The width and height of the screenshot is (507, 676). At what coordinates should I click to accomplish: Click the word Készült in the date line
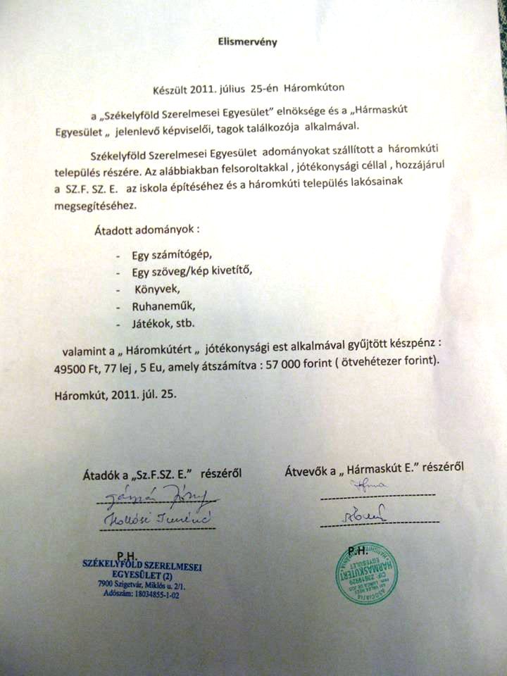(x=173, y=89)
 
